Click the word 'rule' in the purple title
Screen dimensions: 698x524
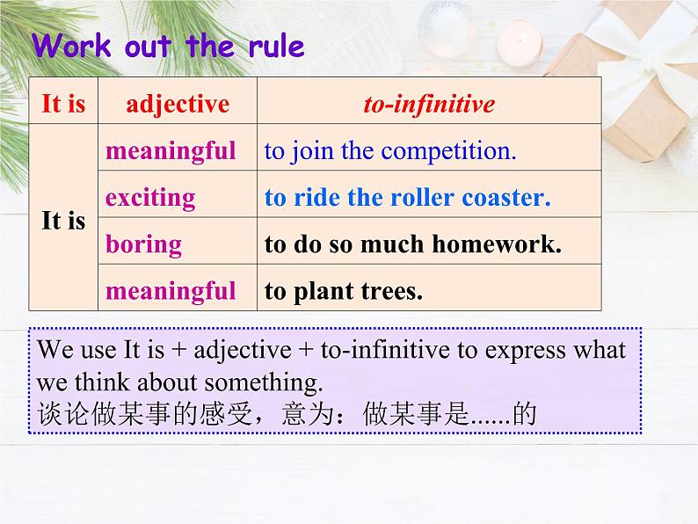(x=276, y=47)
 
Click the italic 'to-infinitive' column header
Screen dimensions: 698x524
(x=429, y=104)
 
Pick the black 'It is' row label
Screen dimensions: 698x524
(x=63, y=221)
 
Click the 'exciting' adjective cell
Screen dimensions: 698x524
(x=150, y=198)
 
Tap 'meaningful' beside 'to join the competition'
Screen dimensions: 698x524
(x=171, y=151)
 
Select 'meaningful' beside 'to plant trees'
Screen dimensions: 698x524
(x=171, y=292)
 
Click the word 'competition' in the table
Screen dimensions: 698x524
(x=448, y=151)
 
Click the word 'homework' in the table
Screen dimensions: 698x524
(x=497, y=244)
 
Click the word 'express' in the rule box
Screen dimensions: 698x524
(x=525, y=351)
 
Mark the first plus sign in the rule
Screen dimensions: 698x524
(x=178, y=350)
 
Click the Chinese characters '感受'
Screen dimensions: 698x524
(x=226, y=413)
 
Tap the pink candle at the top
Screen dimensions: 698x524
(x=520, y=43)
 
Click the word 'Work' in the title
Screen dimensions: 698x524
(x=71, y=46)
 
